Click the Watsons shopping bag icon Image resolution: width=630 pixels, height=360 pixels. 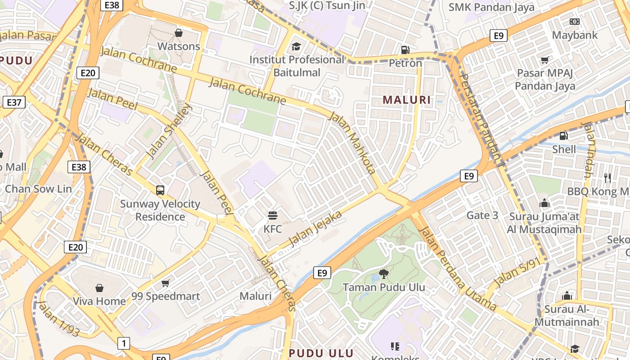pos(179,33)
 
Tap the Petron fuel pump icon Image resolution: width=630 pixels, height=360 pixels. pos(405,49)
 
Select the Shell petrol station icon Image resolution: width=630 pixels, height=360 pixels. pos(563,135)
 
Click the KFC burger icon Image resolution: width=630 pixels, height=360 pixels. pos(273,216)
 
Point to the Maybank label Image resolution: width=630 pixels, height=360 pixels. pos(575,35)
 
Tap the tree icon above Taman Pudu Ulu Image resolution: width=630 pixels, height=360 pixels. pos(383,273)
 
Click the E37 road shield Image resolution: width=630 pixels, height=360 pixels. pos(14,102)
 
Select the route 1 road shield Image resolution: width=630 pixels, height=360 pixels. pos(123,343)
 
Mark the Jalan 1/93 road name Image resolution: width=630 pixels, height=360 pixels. pos(59,319)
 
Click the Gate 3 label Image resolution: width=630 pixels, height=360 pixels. pos(482,215)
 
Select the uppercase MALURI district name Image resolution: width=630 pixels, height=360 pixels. pos(407,100)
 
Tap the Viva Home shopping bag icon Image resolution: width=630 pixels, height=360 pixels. pos(99,288)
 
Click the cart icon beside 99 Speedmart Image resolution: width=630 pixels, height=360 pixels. pos(166,283)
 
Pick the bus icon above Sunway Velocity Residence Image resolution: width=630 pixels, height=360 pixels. pos(160,190)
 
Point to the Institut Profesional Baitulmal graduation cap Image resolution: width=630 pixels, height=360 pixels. pos(296,46)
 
